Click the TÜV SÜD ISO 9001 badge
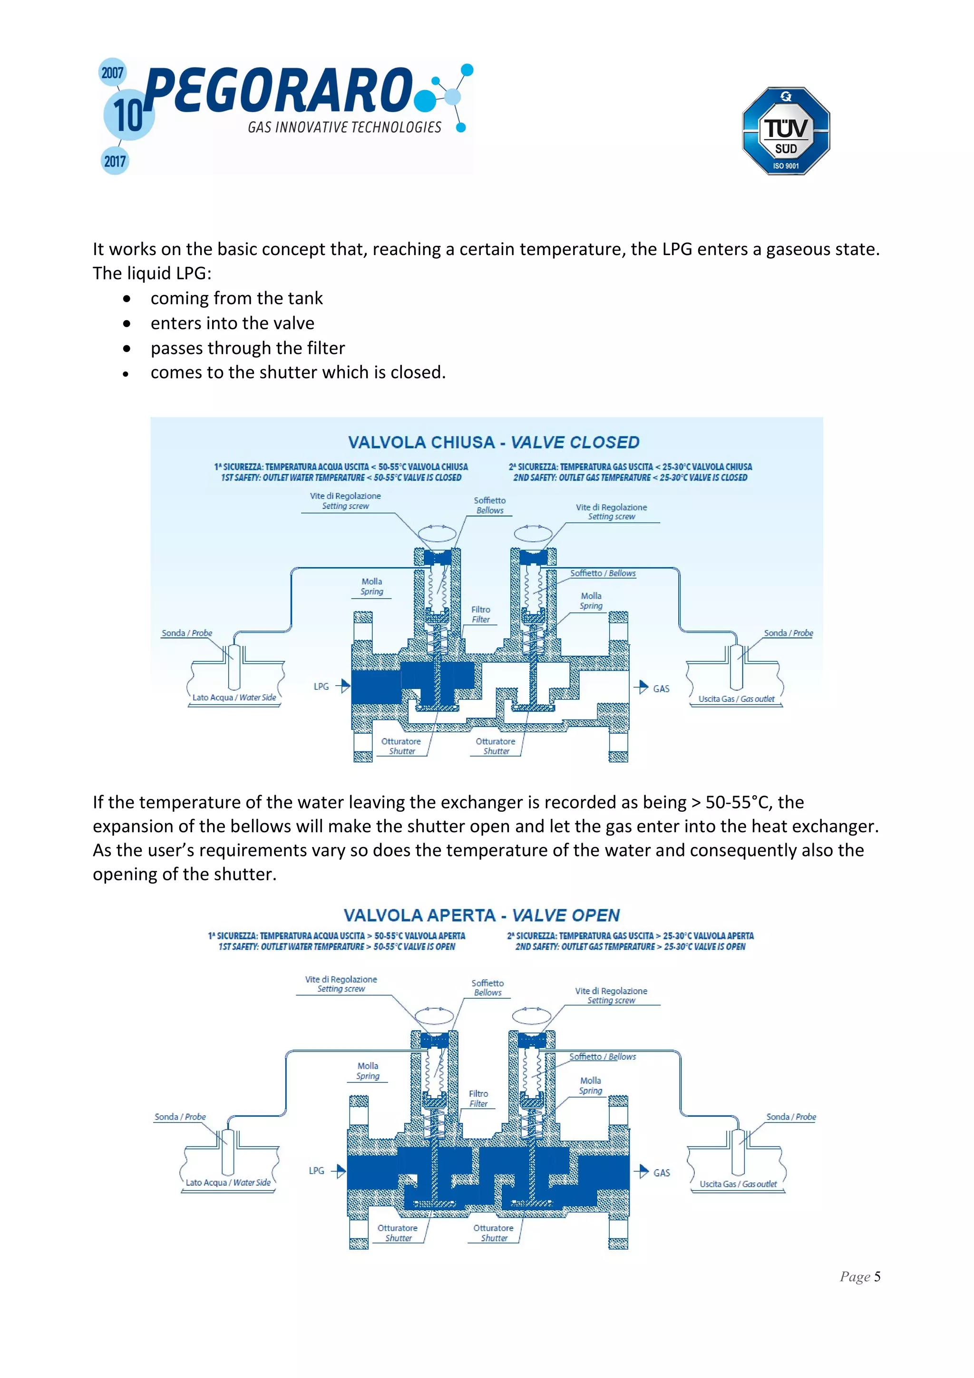tap(786, 131)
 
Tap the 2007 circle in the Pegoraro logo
tap(112, 73)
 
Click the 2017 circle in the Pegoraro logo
tap(115, 161)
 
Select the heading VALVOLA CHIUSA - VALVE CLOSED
tap(494, 443)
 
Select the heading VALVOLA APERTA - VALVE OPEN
tap(482, 915)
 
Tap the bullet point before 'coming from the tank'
tap(127, 299)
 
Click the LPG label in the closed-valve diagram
tap(321, 687)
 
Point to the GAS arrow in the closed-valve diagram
tap(641, 687)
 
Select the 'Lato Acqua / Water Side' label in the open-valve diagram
tap(228, 1182)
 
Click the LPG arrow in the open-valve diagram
tap(339, 1171)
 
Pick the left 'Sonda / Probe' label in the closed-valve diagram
tap(186, 633)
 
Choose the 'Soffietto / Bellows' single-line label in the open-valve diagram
tap(602, 1057)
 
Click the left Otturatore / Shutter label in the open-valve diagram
tap(398, 1233)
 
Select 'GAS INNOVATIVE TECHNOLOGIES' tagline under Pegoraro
tap(344, 127)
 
